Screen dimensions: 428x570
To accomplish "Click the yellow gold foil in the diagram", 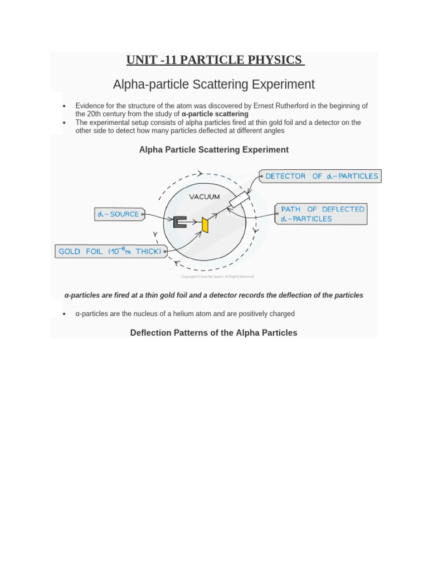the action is tap(205, 225).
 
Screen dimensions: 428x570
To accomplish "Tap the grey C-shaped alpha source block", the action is tap(180, 222).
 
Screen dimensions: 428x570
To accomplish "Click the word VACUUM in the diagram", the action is tap(205, 197).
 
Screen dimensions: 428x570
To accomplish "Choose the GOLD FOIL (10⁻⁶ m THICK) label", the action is tap(110, 252).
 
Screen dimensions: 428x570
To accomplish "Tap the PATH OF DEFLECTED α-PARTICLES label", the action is tap(322, 214).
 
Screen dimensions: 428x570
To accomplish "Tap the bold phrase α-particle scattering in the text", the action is tap(215, 114).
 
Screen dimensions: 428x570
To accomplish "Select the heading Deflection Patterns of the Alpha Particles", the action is tap(213, 333).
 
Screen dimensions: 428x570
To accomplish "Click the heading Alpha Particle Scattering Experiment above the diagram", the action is tap(213, 150).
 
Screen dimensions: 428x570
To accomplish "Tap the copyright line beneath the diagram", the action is tap(217, 277).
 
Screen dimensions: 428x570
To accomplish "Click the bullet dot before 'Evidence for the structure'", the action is tap(65, 106).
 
